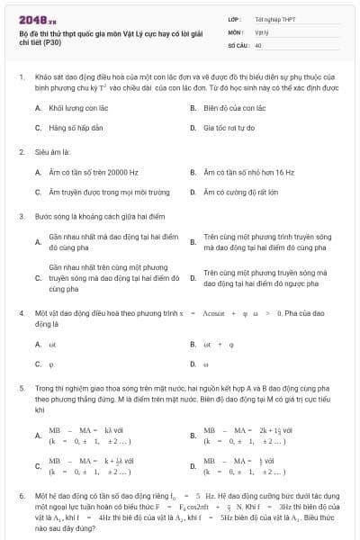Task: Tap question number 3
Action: click(21, 216)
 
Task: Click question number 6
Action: click(21, 495)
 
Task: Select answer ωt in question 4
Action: click(52, 343)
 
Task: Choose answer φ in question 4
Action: click(50, 364)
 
